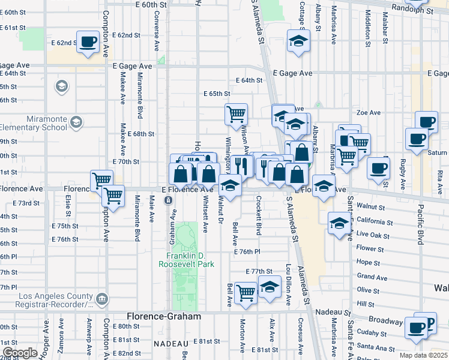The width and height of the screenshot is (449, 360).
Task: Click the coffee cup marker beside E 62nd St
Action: tap(88, 42)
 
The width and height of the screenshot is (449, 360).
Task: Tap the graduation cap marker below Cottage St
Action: tap(298, 41)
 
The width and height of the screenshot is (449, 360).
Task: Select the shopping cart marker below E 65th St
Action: tap(237, 113)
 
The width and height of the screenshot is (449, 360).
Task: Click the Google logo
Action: tap(19, 352)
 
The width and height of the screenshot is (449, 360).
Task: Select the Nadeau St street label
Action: tap(334, 313)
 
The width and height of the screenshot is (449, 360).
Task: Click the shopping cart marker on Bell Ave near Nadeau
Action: tap(246, 292)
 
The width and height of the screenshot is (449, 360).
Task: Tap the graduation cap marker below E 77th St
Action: tap(270, 286)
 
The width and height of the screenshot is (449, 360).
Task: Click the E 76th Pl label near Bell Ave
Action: tap(249, 251)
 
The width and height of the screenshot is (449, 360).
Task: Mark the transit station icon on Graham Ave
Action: tap(169, 200)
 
